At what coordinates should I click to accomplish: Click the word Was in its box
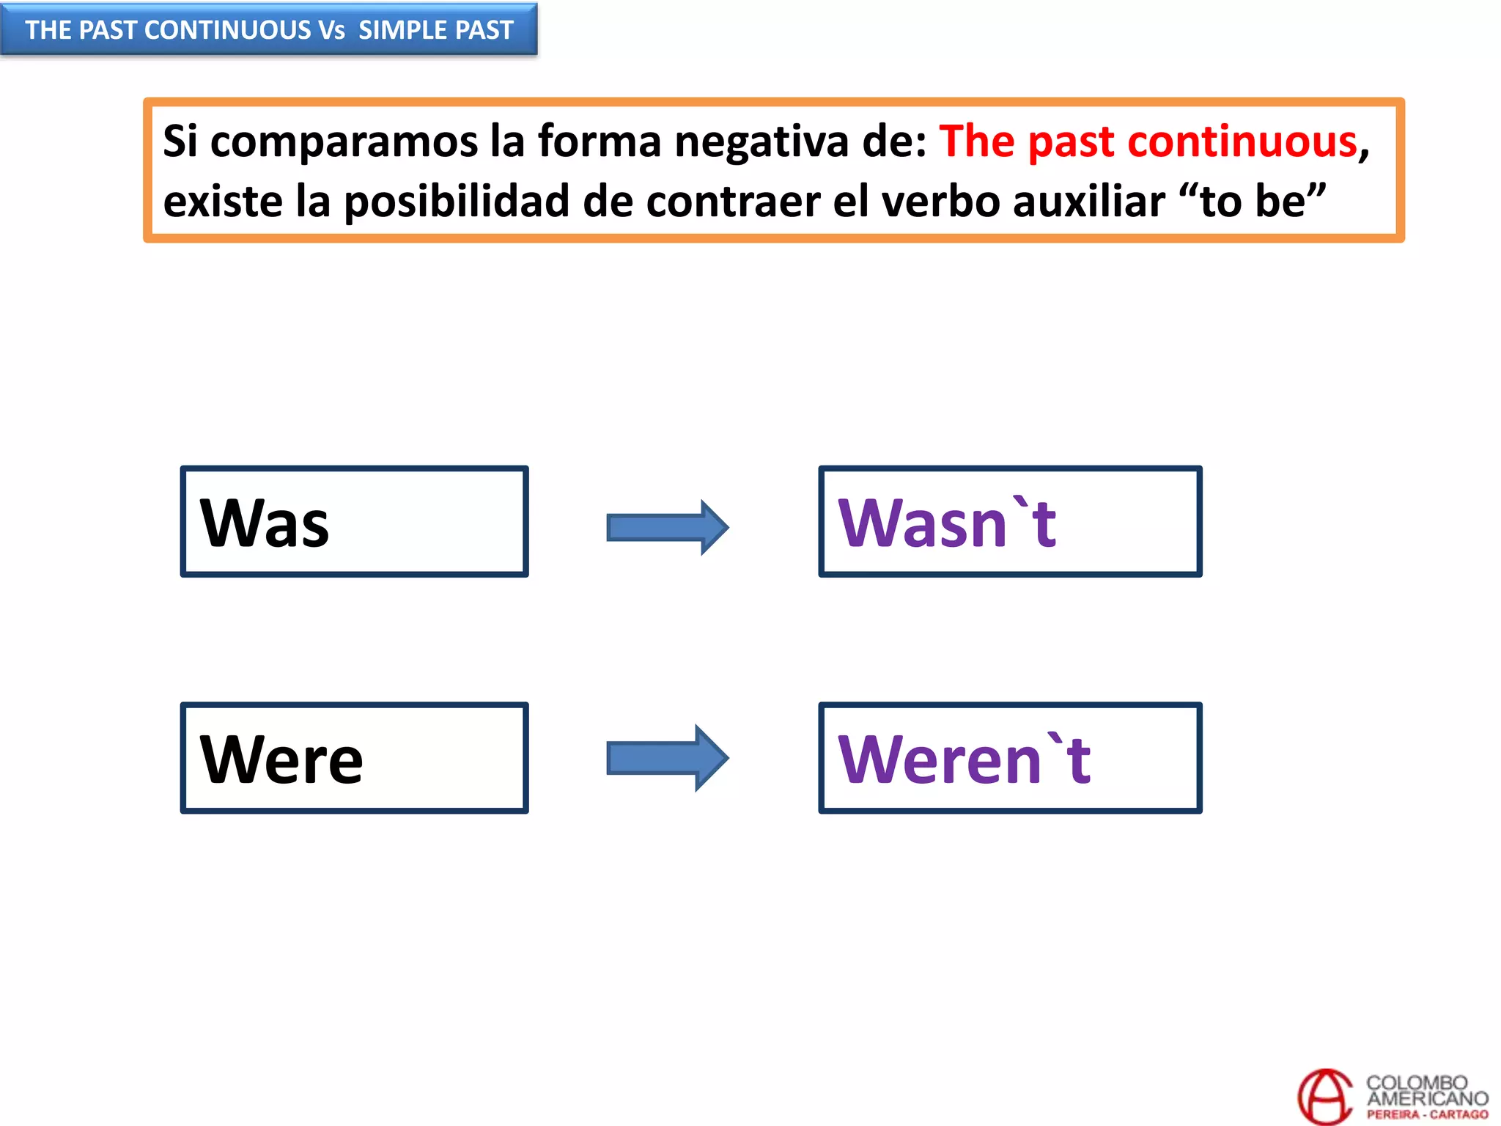[x=265, y=523]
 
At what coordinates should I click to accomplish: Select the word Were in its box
[x=281, y=759]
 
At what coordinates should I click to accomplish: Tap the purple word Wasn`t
[x=947, y=523]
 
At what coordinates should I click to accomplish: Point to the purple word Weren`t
[x=965, y=759]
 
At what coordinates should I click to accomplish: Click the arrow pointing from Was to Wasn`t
[x=667, y=527]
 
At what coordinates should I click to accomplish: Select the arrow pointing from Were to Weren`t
[x=667, y=758]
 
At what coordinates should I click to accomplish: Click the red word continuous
[x=1242, y=141]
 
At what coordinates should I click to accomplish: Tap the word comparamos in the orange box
[x=344, y=141]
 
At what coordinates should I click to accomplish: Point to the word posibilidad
[x=457, y=201]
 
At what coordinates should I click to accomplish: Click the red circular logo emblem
[x=1324, y=1097]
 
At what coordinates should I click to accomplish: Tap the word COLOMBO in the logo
[x=1417, y=1082]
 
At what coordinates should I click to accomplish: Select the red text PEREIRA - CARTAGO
[x=1427, y=1114]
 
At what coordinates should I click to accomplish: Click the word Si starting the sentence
[x=180, y=141]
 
